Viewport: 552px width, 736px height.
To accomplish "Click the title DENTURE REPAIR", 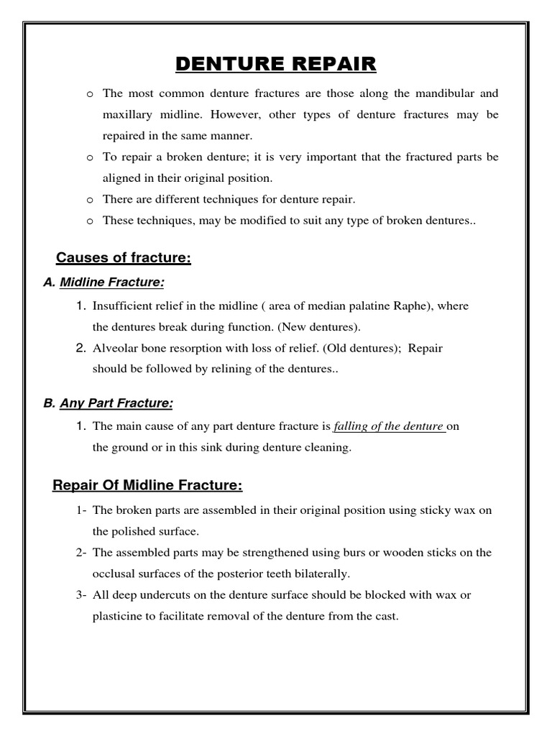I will coord(276,64).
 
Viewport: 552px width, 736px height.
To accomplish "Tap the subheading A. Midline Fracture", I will coord(109,283).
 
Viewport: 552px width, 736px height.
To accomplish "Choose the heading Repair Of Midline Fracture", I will coord(148,486).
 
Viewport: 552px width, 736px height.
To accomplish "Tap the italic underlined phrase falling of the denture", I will coord(389,426).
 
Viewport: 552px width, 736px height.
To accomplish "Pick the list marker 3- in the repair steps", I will coord(80,595).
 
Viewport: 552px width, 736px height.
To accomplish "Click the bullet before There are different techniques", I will coord(89,200).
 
